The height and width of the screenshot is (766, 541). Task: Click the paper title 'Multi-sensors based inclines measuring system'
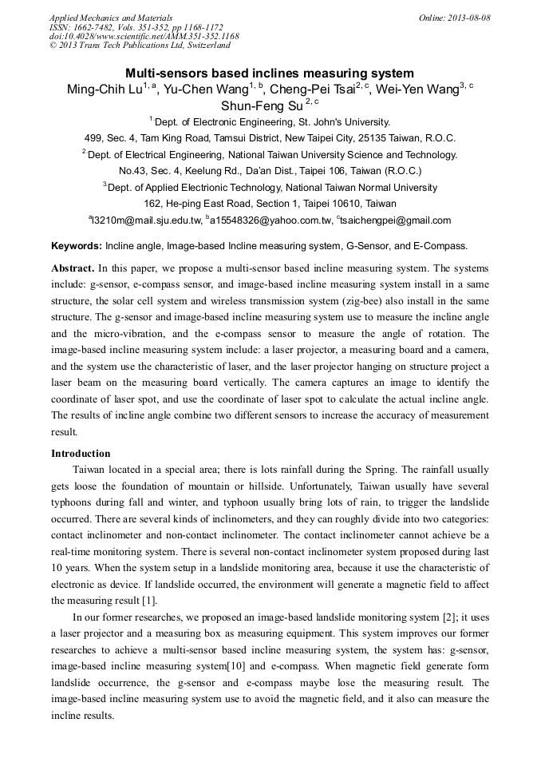[x=270, y=73]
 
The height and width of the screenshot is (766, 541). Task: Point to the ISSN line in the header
[x=136, y=27]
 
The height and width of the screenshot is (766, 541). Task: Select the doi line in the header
[x=144, y=37]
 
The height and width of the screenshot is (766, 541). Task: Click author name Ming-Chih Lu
[x=102, y=89]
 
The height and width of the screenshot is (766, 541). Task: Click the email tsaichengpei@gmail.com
[x=395, y=220]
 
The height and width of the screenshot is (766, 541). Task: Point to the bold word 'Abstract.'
[x=73, y=268]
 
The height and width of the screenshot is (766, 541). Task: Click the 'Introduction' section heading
[x=81, y=454]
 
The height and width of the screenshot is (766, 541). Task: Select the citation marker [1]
[x=148, y=601]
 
